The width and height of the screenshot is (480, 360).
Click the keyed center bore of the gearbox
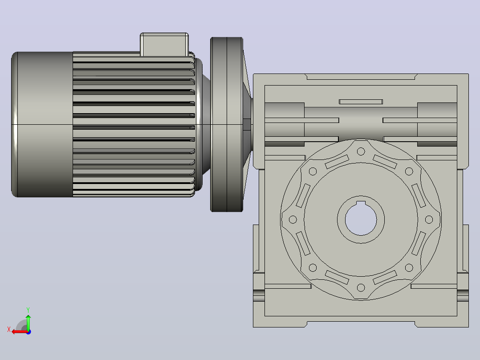[x=361, y=219]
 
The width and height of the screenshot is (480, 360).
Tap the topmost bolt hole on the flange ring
[x=361, y=151]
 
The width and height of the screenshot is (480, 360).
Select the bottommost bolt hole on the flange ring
[x=361, y=288]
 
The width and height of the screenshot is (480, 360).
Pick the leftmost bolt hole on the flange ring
[x=293, y=219]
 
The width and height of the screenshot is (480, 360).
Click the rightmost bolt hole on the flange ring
[x=429, y=219]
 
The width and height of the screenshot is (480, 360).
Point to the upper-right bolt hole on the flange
[x=409, y=171]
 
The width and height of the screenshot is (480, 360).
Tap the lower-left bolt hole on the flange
[x=313, y=267]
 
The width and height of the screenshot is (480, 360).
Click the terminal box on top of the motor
[x=164, y=45]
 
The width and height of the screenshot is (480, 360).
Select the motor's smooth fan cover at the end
[x=42, y=124]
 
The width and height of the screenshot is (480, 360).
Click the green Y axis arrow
[x=28, y=322]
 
